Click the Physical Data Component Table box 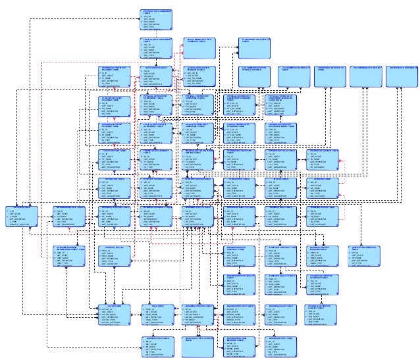tap(156, 20)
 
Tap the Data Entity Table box tap(156, 76)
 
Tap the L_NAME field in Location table tap(16, 217)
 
